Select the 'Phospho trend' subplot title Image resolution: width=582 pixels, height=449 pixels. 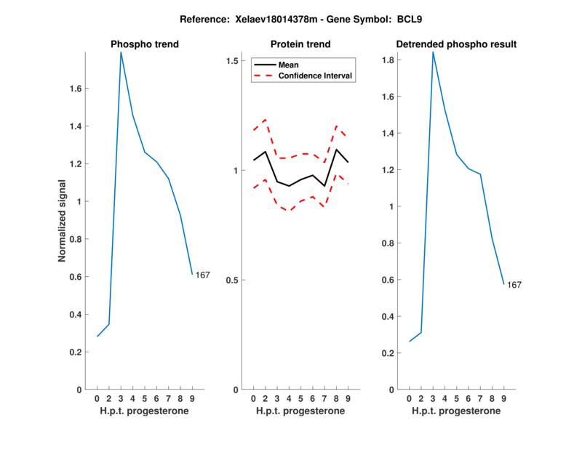[144, 44]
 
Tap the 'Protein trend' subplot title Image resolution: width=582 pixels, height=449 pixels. [300, 44]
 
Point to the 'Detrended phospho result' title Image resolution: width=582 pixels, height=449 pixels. [456, 44]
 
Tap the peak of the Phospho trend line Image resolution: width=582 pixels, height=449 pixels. [121, 52]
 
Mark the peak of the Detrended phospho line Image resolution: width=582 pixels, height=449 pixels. [433, 52]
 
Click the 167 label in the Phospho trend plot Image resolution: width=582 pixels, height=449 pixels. [203, 275]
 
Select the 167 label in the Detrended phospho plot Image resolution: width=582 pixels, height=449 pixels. [514, 285]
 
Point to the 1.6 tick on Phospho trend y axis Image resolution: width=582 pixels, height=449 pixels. [75, 89]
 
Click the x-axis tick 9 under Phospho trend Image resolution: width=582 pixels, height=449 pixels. [192, 398]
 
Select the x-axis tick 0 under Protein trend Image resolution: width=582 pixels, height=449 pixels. [253, 398]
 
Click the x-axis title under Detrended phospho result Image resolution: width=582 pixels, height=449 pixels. [456, 410]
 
